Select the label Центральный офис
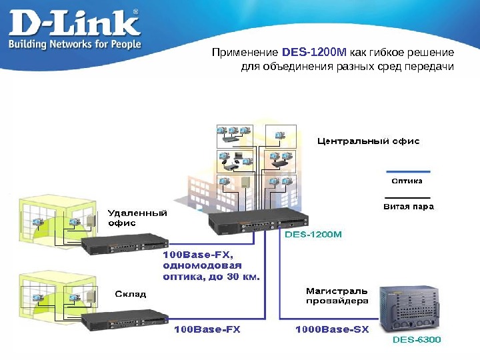(x=367, y=141)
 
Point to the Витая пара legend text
(x=408, y=207)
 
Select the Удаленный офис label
(x=137, y=218)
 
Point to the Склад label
(x=130, y=294)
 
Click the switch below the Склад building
(x=124, y=321)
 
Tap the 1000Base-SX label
(x=331, y=329)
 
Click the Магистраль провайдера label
(x=337, y=295)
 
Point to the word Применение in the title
(x=245, y=52)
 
